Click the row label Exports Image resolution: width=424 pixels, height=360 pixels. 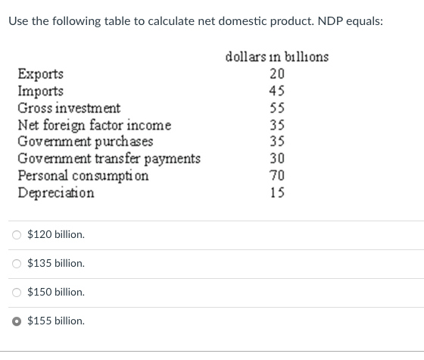pyautogui.click(x=41, y=74)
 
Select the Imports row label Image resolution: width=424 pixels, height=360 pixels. pyautogui.click(x=41, y=91)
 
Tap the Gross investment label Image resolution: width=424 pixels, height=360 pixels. pyautogui.click(x=69, y=108)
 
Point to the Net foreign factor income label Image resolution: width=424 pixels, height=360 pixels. pyautogui.click(x=95, y=125)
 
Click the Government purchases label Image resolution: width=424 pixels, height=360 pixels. pyautogui.click(x=86, y=142)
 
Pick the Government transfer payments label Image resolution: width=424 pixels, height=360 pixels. pyautogui.click(x=109, y=158)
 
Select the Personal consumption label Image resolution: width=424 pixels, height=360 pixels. pyautogui.click(x=83, y=175)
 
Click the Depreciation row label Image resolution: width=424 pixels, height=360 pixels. pyautogui.click(x=56, y=193)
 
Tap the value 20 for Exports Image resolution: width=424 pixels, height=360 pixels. pyautogui.click(x=277, y=74)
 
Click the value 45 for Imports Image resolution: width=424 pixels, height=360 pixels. pyautogui.click(x=277, y=91)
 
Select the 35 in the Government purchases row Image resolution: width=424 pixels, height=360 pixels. pyautogui.click(x=277, y=142)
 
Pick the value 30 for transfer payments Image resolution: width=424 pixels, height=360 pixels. pyautogui.click(x=277, y=158)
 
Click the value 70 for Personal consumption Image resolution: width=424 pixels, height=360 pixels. pyautogui.click(x=277, y=175)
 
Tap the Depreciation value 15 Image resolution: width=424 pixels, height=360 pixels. pyautogui.click(x=277, y=193)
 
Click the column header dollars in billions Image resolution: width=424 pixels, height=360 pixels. pyautogui.click(x=277, y=57)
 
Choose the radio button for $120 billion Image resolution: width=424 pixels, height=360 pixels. pyautogui.click(x=17, y=235)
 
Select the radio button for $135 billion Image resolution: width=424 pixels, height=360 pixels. pyautogui.click(x=17, y=264)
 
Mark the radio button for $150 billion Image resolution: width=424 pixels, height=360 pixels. pyautogui.click(x=17, y=293)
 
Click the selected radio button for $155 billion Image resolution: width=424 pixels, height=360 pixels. pyautogui.click(x=17, y=321)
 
